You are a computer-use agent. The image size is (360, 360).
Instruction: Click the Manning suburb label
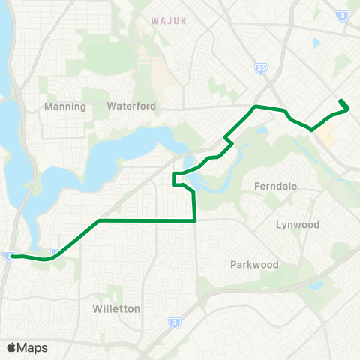point(65,106)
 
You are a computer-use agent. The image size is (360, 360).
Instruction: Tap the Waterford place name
point(131,106)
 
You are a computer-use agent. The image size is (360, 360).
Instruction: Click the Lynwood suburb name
point(298,225)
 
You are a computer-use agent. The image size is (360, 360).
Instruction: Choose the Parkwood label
point(254,265)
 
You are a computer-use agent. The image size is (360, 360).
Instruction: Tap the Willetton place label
point(116,308)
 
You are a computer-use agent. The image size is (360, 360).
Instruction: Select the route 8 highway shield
point(343,13)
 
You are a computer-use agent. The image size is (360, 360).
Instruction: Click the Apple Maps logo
point(11,347)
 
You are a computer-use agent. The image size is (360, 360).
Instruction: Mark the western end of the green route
point(10,256)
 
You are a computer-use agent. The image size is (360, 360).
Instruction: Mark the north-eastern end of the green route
point(341,100)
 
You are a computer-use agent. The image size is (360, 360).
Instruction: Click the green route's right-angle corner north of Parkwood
point(195,220)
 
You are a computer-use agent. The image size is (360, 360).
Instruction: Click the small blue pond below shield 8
point(316,43)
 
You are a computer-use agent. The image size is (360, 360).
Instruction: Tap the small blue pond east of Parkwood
point(313,285)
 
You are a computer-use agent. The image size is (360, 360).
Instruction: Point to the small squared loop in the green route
point(178,178)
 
